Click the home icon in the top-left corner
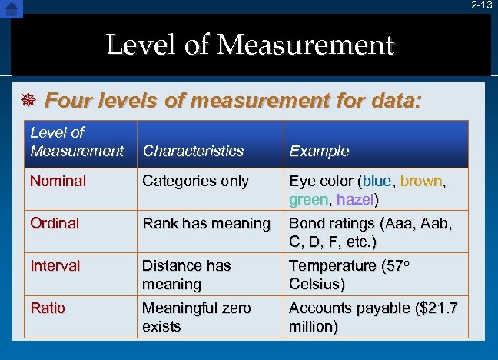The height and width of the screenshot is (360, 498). (x=12, y=8)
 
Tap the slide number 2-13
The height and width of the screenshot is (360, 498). (x=482, y=5)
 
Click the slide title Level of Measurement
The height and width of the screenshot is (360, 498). (x=250, y=45)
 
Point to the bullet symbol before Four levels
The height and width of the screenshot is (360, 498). (x=27, y=100)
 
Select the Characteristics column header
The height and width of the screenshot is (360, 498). (x=193, y=151)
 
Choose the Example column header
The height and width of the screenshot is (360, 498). (x=319, y=151)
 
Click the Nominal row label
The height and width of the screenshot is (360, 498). (x=58, y=182)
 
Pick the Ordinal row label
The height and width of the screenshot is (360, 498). (x=55, y=223)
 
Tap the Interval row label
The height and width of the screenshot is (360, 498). (x=55, y=265)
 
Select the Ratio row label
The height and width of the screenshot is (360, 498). (x=48, y=308)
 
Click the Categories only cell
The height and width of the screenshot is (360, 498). (x=195, y=182)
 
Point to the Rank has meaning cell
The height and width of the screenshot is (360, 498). (x=206, y=223)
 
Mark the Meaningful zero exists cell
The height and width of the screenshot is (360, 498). (x=196, y=317)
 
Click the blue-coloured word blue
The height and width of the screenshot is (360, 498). (x=377, y=182)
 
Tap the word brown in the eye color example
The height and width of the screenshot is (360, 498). (x=421, y=182)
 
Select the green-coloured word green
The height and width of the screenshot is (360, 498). (x=307, y=199)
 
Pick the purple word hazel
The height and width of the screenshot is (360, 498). (x=354, y=199)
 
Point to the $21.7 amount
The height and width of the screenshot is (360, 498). (x=436, y=308)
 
